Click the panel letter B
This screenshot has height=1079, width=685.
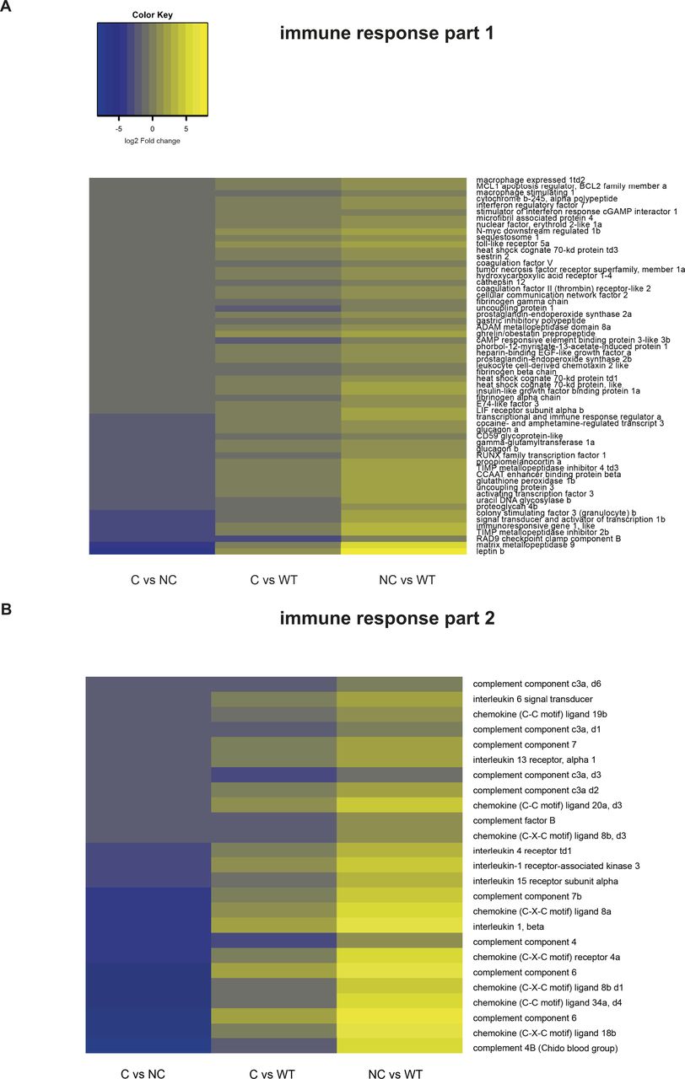pos(8,606)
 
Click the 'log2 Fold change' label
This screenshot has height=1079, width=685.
pos(152,141)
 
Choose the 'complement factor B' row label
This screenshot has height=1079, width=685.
pos(514,819)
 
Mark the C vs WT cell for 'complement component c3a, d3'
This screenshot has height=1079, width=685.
pos(273,775)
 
